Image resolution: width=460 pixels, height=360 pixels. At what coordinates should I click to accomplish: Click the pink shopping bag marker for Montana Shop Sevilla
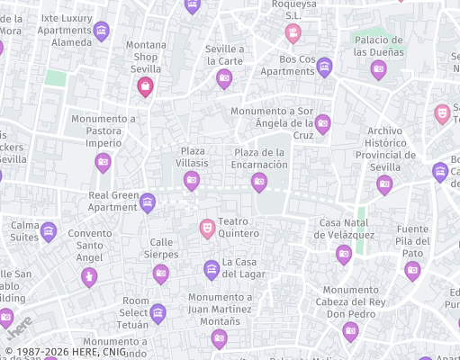click(145, 85)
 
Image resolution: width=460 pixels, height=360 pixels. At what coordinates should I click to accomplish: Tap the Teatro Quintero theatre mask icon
click(207, 228)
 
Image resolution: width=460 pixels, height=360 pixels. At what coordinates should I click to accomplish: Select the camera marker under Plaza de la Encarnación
click(259, 182)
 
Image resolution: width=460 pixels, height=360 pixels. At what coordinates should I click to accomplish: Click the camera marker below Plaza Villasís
click(192, 180)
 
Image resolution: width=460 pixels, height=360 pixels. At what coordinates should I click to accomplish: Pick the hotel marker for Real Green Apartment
click(148, 203)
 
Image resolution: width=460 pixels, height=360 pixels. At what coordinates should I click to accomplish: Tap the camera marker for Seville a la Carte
click(224, 78)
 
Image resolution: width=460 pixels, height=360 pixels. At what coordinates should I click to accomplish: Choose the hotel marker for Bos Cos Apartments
click(324, 67)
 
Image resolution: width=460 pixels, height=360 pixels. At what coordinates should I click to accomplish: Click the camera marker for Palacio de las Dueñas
click(379, 68)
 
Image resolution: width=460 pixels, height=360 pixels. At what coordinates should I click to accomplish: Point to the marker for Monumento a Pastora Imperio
click(104, 162)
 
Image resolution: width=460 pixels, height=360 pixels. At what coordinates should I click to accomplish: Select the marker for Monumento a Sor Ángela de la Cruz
click(322, 123)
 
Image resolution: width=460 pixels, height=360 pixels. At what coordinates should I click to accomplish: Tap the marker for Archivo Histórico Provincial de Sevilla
click(384, 184)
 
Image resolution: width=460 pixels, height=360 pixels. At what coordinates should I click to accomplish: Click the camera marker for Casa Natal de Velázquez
click(344, 254)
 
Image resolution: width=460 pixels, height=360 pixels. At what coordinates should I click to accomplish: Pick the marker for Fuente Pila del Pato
click(412, 269)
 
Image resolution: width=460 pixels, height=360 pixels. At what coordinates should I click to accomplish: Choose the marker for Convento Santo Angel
click(88, 275)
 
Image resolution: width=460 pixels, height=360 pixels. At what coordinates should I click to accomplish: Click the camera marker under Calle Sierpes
click(161, 273)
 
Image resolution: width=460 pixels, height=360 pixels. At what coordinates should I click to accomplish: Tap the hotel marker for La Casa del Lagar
click(212, 268)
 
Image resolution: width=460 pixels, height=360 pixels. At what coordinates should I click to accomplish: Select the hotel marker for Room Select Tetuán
click(158, 312)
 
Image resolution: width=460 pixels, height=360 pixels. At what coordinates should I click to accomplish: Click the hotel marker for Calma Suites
click(49, 231)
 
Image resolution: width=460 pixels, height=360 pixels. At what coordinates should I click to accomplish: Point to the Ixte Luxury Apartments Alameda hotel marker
click(102, 31)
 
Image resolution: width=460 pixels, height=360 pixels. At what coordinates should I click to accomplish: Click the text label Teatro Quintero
click(239, 227)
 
